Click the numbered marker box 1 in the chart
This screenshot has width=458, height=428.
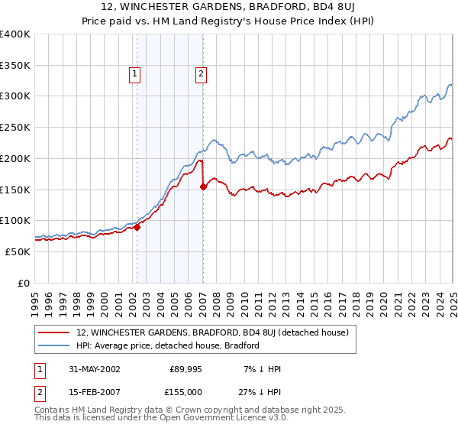pos(134,74)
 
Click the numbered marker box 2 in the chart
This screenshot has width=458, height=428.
pos(200,74)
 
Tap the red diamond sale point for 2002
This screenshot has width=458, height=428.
pos(137,226)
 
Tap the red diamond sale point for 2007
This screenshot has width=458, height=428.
pos(203,186)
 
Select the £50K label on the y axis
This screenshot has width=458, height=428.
pos(18,251)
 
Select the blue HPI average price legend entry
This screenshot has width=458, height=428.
pos(168,345)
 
